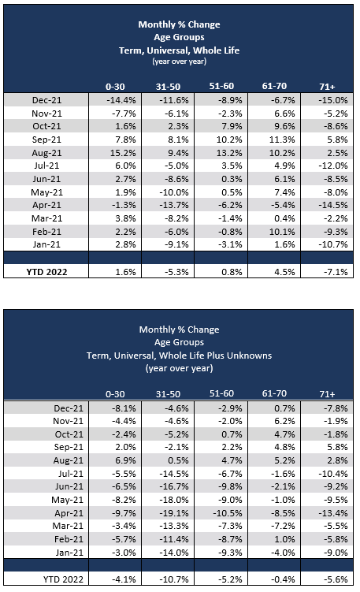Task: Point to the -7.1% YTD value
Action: point(331,271)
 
